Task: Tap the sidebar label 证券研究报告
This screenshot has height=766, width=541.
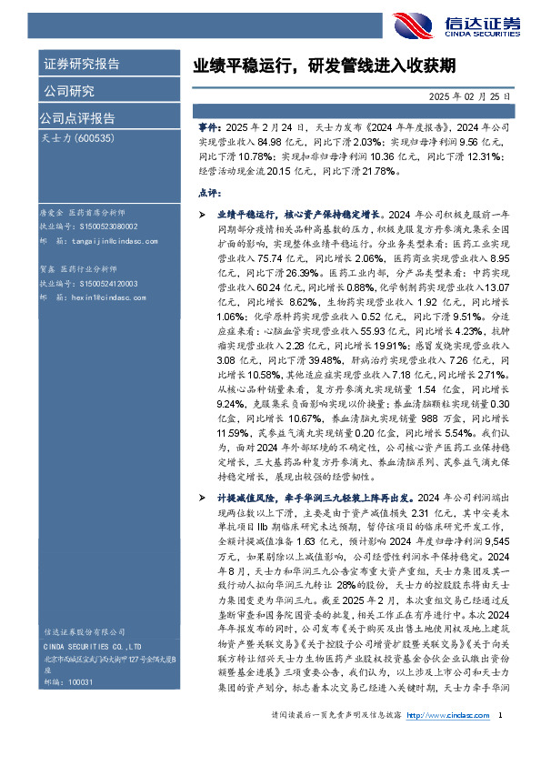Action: pyautogui.click(x=82, y=64)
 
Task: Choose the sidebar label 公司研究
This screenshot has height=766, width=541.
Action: pyautogui.click(x=69, y=91)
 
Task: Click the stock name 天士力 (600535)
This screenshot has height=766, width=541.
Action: pyautogui.click(x=78, y=138)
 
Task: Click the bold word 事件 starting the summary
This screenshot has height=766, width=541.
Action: pyautogui.click(x=208, y=130)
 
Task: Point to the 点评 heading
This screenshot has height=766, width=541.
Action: pyautogui.click(x=209, y=193)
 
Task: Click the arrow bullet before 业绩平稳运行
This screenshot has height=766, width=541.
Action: pyautogui.click(x=202, y=211)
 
